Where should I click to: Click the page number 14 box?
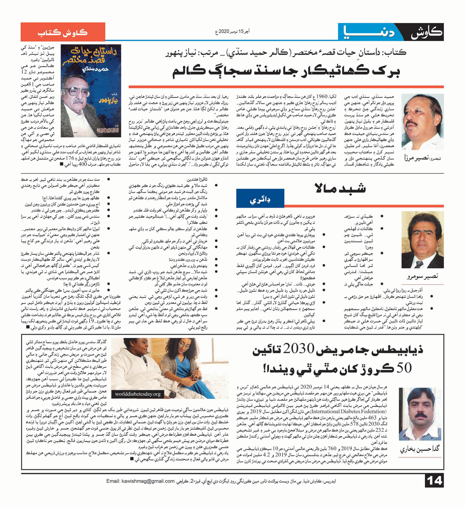pyautogui.click(x=434, y=481)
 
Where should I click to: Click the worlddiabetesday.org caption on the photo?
pyautogui.click(x=138, y=394)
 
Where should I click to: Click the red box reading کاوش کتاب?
pyautogui.click(x=63, y=32)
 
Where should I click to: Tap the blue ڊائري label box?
pyautogui.click(x=260, y=200)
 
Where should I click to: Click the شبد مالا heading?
pyautogui.click(x=340, y=188)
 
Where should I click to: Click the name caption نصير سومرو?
pyautogui.click(x=422, y=276)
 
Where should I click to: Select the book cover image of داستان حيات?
pyautogui.click(x=91, y=90)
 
